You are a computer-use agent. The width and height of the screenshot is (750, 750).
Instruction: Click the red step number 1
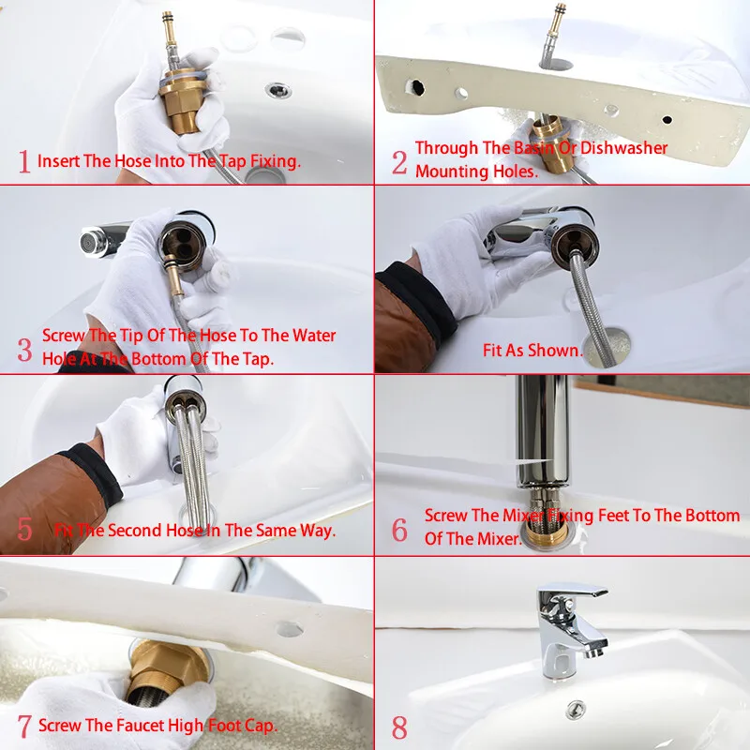pyautogui.click(x=24, y=161)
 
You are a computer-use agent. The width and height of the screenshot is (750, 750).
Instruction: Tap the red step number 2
pyautogui.click(x=399, y=162)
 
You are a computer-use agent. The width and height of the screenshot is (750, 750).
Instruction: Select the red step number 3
pyautogui.click(x=25, y=350)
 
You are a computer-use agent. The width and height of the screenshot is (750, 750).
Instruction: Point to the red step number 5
pyautogui.click(x=25, y=529)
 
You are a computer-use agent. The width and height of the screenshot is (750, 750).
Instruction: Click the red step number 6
pyautogui.click(x=399, y=530)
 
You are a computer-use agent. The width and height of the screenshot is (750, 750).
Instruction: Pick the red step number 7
pyautogui.click(x=24, y=726)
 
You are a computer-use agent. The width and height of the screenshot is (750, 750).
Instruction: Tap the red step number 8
pyautogui.click(x=399, y=727)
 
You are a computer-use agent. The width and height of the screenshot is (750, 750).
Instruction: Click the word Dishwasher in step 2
pyautogui.click(x=623, y=148)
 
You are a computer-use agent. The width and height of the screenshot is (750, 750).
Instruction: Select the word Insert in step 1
pyautogui.click(x=58, y=161)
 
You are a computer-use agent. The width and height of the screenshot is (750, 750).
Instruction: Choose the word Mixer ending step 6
pyautogui.click(x=498, y=539)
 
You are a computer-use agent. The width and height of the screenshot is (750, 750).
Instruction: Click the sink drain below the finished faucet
pyautogui.click(x=576, y=709)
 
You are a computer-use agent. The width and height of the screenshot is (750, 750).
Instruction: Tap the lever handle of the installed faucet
pyautogui.click(x=573, y=591)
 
